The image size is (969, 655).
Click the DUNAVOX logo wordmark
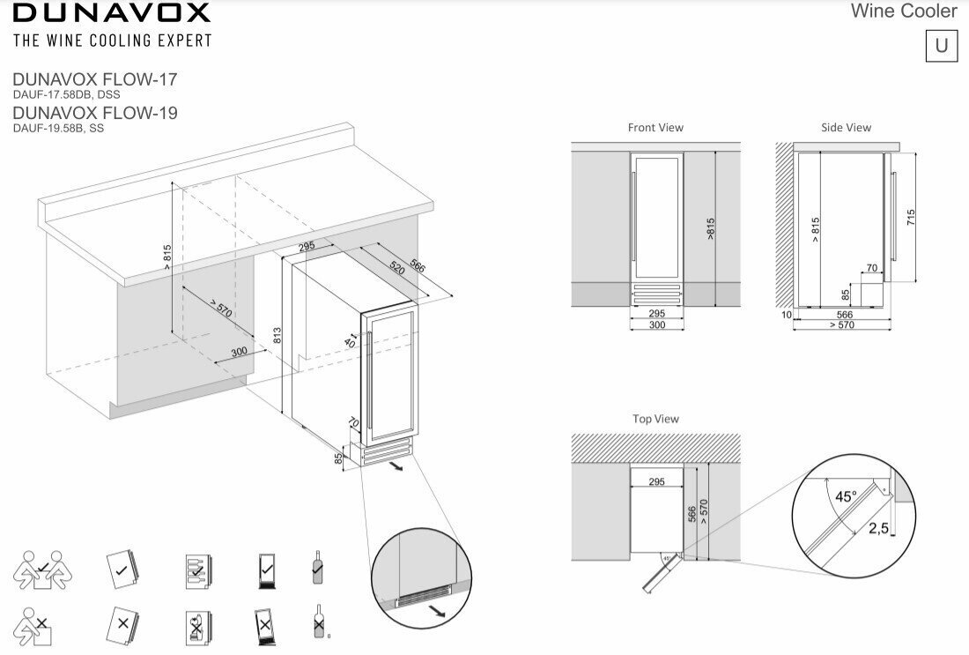tap(112, 12)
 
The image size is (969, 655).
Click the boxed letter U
tap(941, 46)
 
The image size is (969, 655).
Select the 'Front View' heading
tap(655, 128)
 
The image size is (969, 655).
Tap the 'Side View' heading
tap(846, 128)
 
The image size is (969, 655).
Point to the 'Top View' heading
tap(655, 419)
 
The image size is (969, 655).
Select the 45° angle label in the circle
tap(845, 496)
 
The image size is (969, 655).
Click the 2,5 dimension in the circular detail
tap(877, 528)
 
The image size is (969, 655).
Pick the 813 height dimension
tap(277, 335)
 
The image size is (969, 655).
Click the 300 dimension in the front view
tap(655, 325)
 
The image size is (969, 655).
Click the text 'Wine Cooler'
tap(904, 11)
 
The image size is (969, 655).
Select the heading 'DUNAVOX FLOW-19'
tap(95, 113)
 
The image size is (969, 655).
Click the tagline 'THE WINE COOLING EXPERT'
tap(112, 40)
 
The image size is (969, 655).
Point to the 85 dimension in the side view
tap(846, 294)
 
